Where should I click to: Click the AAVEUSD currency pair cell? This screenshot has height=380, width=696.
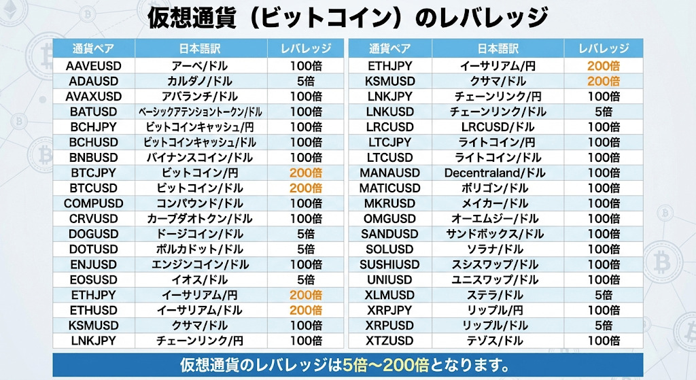(x=94, y=66)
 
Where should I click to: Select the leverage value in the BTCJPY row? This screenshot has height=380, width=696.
(x=305, y=173)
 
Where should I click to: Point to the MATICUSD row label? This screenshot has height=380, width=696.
(x=390, y=188)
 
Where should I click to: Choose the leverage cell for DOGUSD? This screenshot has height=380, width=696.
(x=305, y=234)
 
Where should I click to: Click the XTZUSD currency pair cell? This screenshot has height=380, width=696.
(x=390, y=341)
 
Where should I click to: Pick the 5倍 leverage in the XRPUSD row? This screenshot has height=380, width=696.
(x=604, y=326)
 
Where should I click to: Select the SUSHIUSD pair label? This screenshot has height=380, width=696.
(x=390, y=264)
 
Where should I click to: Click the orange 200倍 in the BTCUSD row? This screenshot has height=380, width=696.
(x=305, y=188)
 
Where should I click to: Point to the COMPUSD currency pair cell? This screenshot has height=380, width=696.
(x=94, y=203)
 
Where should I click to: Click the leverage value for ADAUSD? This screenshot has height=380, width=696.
(x=305, y=82)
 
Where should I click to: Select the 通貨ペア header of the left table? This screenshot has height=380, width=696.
(x=94, y=49)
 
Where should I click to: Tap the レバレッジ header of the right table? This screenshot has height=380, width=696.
(x=604, y=49)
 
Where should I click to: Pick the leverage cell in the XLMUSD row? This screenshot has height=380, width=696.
(x=604, y=295)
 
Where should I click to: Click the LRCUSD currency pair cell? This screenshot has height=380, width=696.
(x=390, y=127)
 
